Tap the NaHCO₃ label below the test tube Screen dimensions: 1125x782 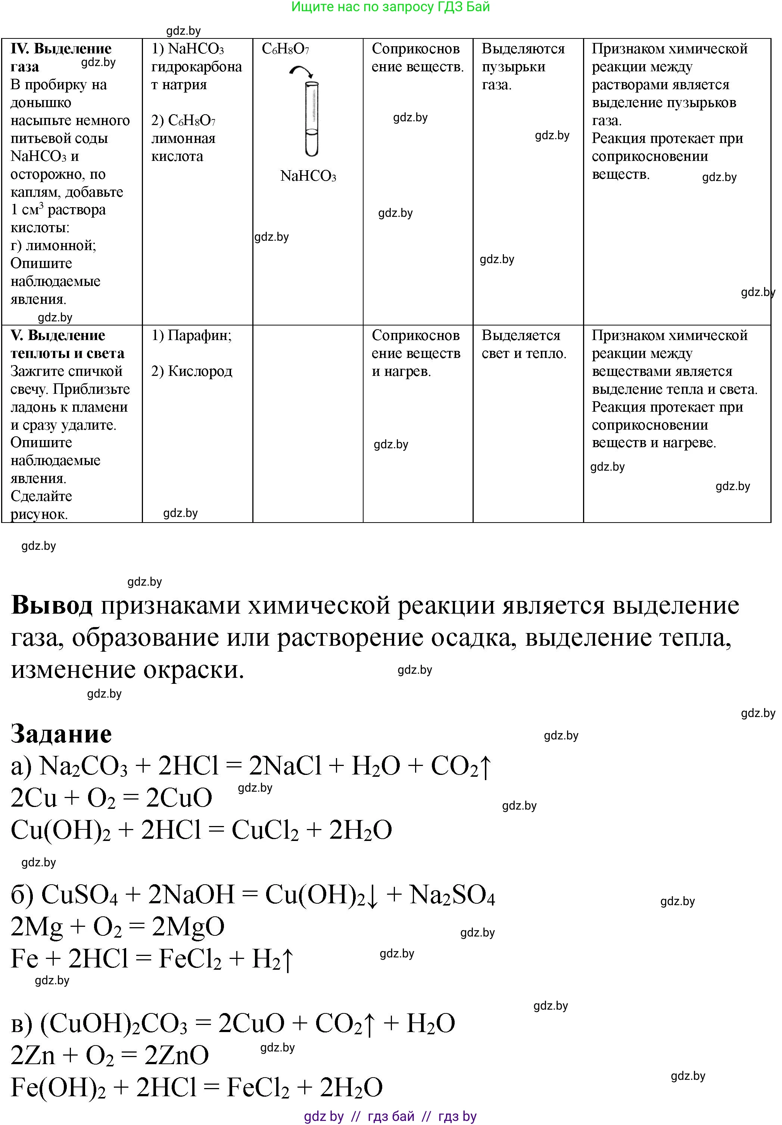(308, 177)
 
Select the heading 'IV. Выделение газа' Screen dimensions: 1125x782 (61, 57)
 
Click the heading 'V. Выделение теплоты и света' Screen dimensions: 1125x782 (67, 344)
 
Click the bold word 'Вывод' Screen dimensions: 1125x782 (52, 606)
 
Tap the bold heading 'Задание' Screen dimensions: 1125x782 (61, 734)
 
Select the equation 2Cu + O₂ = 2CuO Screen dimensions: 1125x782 (111, 798)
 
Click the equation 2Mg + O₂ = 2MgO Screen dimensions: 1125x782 (118, 926)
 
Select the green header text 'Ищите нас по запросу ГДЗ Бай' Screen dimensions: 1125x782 (390, 7)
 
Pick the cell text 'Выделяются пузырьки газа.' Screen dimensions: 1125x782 (523, 67)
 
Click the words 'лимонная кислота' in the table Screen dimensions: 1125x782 (183, 147)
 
